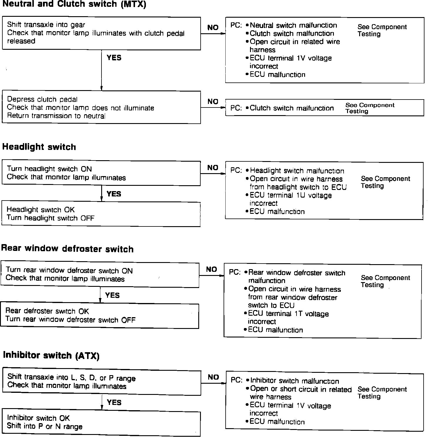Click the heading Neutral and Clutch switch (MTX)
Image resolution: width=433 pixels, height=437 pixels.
pos(74,4)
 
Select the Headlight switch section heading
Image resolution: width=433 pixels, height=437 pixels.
pos(39,147)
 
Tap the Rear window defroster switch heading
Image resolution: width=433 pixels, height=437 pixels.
pos(67,249)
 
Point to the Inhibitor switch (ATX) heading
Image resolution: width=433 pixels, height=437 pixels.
pos(51,355)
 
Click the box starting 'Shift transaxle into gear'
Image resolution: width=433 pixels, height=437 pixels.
pos(101,33)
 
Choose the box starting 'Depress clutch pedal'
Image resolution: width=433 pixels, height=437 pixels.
pos(101,107)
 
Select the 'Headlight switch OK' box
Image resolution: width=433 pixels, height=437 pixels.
pos(101,214)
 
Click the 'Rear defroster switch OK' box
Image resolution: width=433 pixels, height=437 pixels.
pos(99,315)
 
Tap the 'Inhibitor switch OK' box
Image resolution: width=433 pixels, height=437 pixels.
pos(101,422)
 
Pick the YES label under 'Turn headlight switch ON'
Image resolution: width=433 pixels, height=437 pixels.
pos(114,194)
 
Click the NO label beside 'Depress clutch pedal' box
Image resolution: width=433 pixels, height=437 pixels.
pos(213,102)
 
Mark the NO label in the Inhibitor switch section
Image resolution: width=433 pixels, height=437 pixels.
pos(213,377)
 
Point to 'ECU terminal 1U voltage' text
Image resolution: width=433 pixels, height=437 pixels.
pos(291,196)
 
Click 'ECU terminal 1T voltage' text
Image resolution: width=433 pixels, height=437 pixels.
pos(288,314)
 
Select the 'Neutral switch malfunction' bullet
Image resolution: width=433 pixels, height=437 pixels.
pos(293,25)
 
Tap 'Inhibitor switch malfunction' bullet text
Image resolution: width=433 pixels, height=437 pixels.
pos(294,381)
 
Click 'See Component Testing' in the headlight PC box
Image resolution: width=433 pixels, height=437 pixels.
pos(385,182)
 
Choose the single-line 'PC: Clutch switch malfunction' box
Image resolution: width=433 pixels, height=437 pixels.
pos(324,108)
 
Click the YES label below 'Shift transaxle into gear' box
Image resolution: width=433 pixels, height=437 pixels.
pos(114,58)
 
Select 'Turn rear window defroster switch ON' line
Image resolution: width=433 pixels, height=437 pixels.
pos(69,270)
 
